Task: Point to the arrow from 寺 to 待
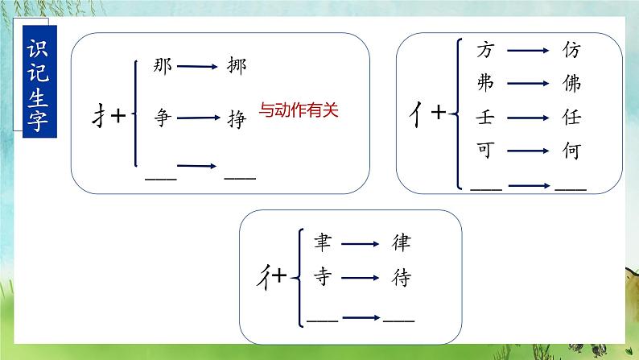point(360,279)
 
